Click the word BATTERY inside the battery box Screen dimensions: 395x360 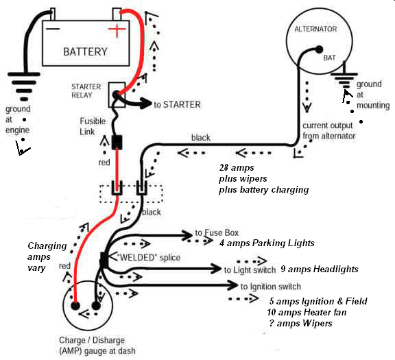pos(85,51)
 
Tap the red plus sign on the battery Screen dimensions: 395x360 pos(117,29)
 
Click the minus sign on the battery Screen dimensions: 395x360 pos(53,29)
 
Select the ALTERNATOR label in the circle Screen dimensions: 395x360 pos(315,29)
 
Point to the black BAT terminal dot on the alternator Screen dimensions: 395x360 pos(319,49)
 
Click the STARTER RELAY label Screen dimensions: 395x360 pos(86,91)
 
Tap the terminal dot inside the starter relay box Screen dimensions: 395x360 pos(116,95)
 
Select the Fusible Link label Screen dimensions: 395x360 pos(93,126)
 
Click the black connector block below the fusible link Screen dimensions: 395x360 pos(117,142)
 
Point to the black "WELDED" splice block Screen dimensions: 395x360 pos(104,259)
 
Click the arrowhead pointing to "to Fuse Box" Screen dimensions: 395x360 pos(187,236)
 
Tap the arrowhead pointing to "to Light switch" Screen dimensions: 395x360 pos(216,269)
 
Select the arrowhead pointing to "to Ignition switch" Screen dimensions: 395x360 pos(232,285)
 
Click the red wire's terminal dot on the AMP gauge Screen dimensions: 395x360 pos(75,306)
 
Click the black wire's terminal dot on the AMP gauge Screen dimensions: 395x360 pos(96,306)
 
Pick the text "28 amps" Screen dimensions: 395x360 pos(237,167)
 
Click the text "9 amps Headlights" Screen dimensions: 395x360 pos(320,269)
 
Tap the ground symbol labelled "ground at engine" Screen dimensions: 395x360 pos(24,86)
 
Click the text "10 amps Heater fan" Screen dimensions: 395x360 pos(307,313)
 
